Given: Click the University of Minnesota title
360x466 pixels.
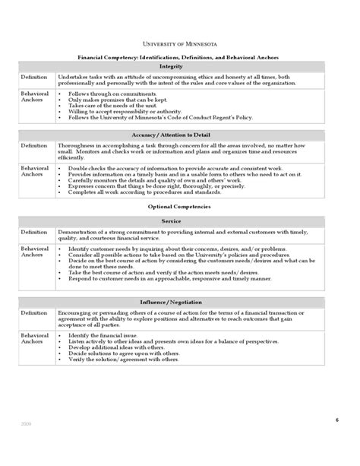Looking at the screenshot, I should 179,45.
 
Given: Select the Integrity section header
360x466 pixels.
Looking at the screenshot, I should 179,66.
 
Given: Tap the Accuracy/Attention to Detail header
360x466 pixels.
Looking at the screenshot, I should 179,134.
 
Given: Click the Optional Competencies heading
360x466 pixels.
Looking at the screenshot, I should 179,207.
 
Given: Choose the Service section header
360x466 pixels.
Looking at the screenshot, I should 179,220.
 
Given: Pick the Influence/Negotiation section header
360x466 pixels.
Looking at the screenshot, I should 179,302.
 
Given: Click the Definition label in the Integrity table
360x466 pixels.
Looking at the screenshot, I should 33,77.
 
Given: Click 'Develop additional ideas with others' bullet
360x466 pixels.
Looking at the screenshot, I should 111,347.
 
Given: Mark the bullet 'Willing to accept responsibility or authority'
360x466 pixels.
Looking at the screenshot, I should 118,112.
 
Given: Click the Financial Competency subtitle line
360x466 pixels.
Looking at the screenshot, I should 179,57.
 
